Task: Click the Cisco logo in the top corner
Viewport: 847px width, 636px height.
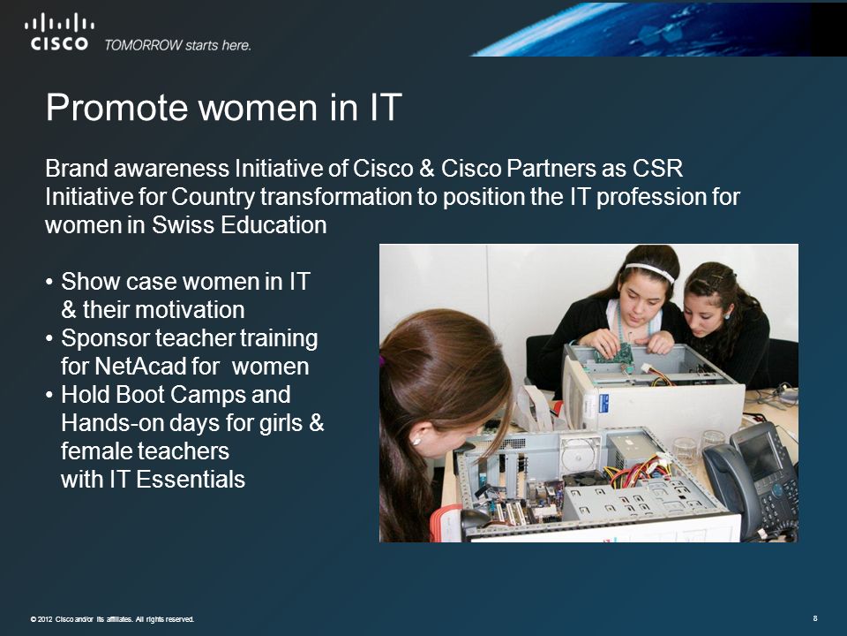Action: click(x=59, y=32)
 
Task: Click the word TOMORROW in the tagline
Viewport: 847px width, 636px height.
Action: click(x=143, y=45)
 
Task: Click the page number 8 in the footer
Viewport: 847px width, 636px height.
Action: click(x=815, y=618)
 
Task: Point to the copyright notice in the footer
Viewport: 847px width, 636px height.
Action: click(x=112, y=619)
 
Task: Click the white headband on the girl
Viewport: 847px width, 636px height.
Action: click(x=650, y=271)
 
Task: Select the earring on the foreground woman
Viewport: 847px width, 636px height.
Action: click(x=416, y=442)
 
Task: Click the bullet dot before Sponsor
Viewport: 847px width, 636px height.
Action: click(x=49, y=338)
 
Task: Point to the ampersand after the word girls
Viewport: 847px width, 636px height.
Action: click(x=317, y=423)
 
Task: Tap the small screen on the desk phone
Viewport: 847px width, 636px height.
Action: click(x=760, y=456)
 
